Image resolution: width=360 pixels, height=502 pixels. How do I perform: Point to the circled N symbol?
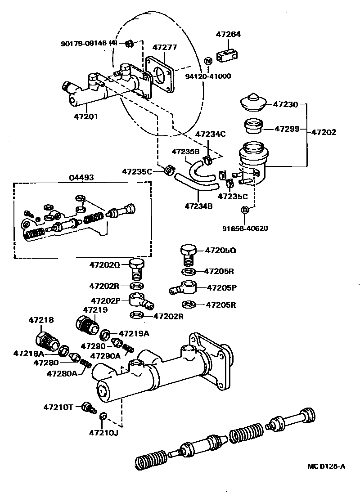click(x=208, y=61)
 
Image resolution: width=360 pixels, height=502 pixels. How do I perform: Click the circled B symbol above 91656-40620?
click(x=245, y=210)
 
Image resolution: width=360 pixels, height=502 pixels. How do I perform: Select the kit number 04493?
click(x=81, y=177)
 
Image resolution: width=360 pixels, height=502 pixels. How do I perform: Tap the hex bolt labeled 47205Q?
click(x=188, y=255)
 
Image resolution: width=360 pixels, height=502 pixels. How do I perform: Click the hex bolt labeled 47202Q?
click(x=136, y=268)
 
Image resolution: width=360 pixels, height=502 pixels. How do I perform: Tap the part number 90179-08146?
click(x=84, y=44)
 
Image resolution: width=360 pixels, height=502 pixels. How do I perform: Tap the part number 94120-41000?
click(x=208, y=76)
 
